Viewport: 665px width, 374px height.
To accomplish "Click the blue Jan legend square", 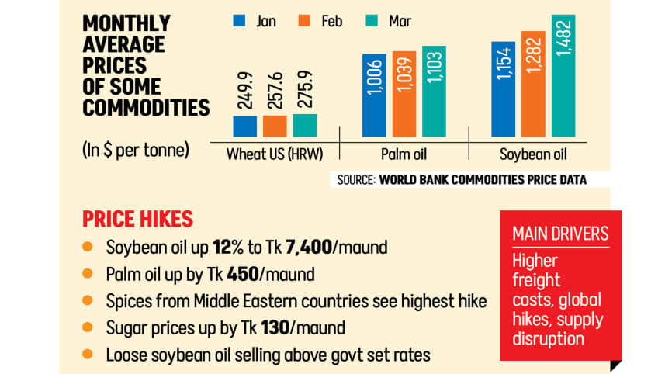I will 240,21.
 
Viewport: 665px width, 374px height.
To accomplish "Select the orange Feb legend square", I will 305,21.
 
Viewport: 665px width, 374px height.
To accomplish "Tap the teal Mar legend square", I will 372,21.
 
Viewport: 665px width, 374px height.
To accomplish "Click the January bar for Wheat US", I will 245,126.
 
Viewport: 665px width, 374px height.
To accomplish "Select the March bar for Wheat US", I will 304,125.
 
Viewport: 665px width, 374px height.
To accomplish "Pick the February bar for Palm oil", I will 404,94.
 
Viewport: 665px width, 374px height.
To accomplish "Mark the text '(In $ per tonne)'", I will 136,149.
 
